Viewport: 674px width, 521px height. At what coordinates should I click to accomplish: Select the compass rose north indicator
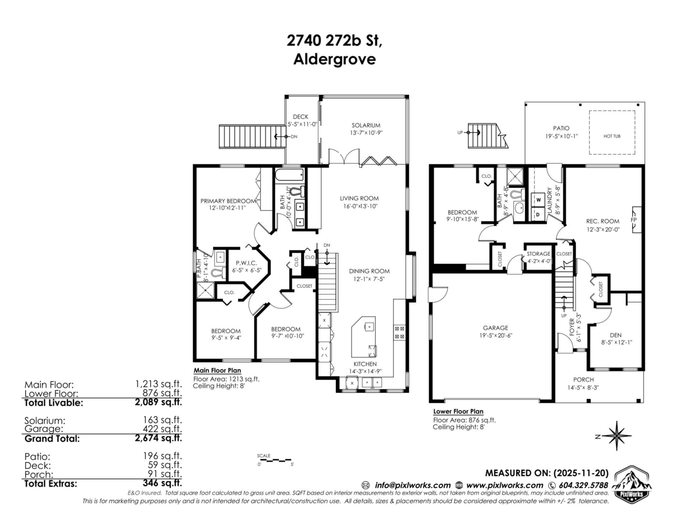click(617, 436)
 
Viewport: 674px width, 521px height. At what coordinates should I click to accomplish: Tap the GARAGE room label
click(495, 328)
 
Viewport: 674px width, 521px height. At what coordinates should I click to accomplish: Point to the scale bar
click(275, 460)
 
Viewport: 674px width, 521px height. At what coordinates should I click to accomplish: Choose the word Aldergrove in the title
click(335, 60)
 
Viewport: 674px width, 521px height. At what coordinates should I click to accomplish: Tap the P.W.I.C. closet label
click(247, 262)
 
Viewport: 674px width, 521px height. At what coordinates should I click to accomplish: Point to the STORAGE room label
click(538, 254)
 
